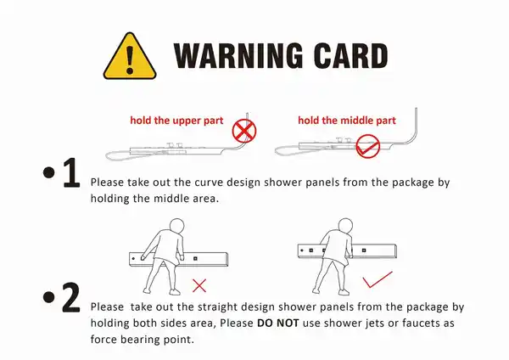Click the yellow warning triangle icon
point(130,56)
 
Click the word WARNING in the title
point(238,55)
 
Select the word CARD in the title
point(350,55)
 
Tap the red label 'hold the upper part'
point(176,121)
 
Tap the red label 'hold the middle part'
point(347,121)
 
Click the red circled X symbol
point(244,131)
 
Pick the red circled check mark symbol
point(368,146)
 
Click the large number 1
point(71,172)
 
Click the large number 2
point(70,297)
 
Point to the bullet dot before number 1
point(48,172)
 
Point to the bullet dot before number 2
point(48,296)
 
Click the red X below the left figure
point(199,285)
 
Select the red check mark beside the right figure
point(378,279)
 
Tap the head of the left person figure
point(176,226)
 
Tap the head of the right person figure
point(345,226)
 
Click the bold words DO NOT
point(278,323)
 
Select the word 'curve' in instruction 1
point(209,183)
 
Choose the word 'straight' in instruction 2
point(218,307)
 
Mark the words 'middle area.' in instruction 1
point(187,198)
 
